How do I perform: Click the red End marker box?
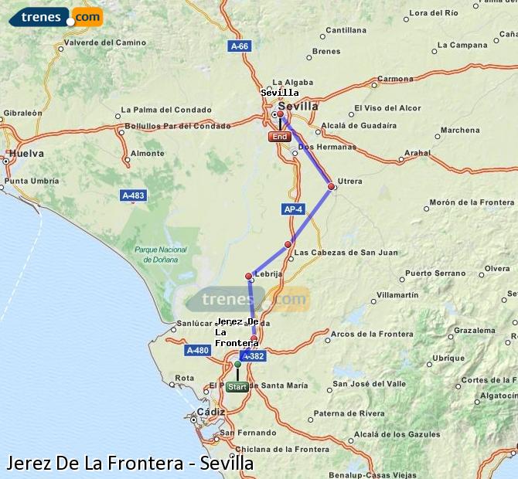279,137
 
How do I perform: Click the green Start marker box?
237,386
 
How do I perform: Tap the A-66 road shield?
240,46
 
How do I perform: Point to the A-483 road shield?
133,195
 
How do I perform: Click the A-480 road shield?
197,350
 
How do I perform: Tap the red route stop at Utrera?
331,186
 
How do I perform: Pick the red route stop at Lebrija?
249,276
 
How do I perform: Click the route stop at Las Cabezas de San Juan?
288,244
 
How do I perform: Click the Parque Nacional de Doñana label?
161,254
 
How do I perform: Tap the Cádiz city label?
210,412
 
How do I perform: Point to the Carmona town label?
394,79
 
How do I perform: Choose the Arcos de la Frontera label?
373,334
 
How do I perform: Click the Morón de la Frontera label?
472,202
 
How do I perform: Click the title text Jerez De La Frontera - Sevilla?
129,463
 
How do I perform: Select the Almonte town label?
147,153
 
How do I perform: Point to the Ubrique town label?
448,358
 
